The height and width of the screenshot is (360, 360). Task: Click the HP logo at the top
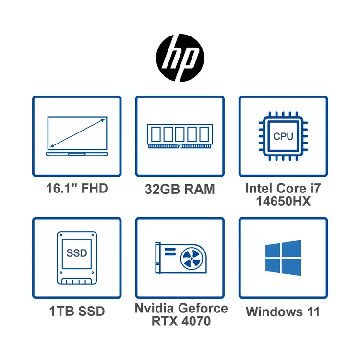[x=180, y=58]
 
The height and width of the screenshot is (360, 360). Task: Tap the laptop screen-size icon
[x=77, y=136]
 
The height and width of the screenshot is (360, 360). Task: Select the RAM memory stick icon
[x=180, y=136]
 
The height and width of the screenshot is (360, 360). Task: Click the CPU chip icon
[x=283, y=136]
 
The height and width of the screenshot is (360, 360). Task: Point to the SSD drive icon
[x=77, y=258]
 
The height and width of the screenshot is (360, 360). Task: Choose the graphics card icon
[x=181, y=258]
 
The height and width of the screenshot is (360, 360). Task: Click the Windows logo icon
[x=283, y=258]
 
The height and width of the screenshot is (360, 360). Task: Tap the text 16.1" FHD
[x=77, y=189]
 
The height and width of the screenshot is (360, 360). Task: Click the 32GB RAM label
[x=180, y=189]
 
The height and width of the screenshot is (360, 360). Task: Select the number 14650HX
[x=283, y=201]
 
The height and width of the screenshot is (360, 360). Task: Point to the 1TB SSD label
[x=77, y=312]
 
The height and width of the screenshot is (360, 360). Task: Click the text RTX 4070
[x=181, y=321]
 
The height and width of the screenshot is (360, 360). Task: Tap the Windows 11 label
[x=283, y=312]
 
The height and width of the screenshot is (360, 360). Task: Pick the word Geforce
[x=203, y=308]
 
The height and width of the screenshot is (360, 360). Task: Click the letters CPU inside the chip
[x=283, y=136]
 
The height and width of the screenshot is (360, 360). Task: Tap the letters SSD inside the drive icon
[x=77, y=253]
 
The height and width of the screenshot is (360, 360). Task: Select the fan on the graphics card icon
[x=192, y=259]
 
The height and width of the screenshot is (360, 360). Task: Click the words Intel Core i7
[x=283, y=188]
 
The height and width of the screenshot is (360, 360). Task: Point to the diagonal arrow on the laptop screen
[x=77, y=133]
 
